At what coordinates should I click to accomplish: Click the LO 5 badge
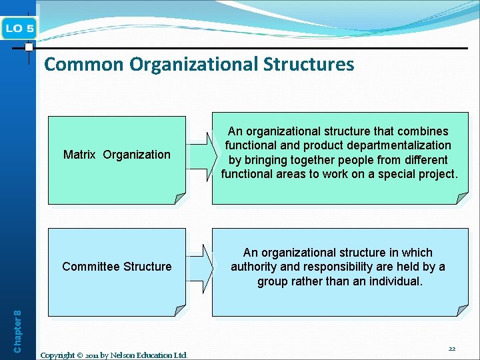click(20, 28)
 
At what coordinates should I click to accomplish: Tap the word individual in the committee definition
click(393, 281)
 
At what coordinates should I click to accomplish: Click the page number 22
click(452, 349)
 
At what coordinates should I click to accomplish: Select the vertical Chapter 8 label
click(18, 330)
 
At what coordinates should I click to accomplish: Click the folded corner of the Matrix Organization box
click(179, 198)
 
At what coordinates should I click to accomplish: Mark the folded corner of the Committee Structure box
click(179, 310)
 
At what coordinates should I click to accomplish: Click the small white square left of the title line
click(29, 47)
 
